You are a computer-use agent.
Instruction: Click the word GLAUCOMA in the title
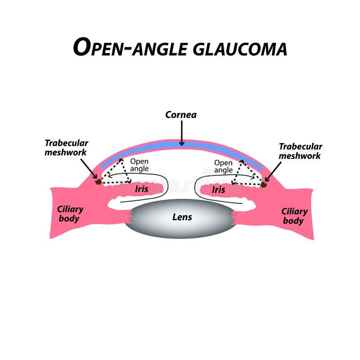(x=239, y=48)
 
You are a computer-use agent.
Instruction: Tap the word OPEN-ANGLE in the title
(x=131, y=47)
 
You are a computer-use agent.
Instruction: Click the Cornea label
(x=181, y=115)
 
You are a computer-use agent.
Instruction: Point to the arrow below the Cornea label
(x=181, y=133)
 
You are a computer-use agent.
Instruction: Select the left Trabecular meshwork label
(x=66, y=148)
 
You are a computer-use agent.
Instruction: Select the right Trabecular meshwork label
(x=300, y=151)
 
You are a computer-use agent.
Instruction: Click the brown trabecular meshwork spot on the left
(x=98, y=182)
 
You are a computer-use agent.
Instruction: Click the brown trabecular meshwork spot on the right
(x=264, y=184)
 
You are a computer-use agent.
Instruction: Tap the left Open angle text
(x=139, y=165)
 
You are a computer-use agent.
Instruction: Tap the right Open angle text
(x=223, y=166)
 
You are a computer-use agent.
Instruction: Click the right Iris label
(x=219, y=189)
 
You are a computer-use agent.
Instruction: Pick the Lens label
(x=182, y=217)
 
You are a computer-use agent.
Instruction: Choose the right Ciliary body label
(x=294, y=216)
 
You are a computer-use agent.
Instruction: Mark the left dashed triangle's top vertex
(x=121, y=160)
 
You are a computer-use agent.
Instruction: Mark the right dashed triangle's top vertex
(x=241, y=161)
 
